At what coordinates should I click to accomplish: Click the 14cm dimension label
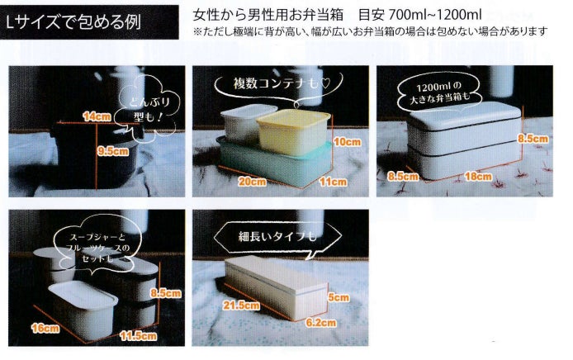tap(97, 116)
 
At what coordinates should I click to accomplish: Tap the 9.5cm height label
tap(112, 151)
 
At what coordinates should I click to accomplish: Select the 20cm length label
tap(252, 181)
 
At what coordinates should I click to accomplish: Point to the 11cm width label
tap(333, 182)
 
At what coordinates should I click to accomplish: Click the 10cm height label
tap(347, 142)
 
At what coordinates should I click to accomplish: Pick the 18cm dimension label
tap(478, 177)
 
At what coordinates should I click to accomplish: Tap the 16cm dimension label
tap(45, 328)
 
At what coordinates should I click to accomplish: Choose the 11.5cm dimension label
tap(138, 335)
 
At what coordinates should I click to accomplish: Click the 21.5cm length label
tap(242, 306)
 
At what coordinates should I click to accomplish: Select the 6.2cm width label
tap(320, 323)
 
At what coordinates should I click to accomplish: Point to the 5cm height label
tap(339, 297)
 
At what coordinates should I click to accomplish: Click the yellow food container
tap(293, 132)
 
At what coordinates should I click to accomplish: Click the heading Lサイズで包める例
tap(73, 22)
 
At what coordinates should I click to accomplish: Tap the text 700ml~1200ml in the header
tap(435, 15)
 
